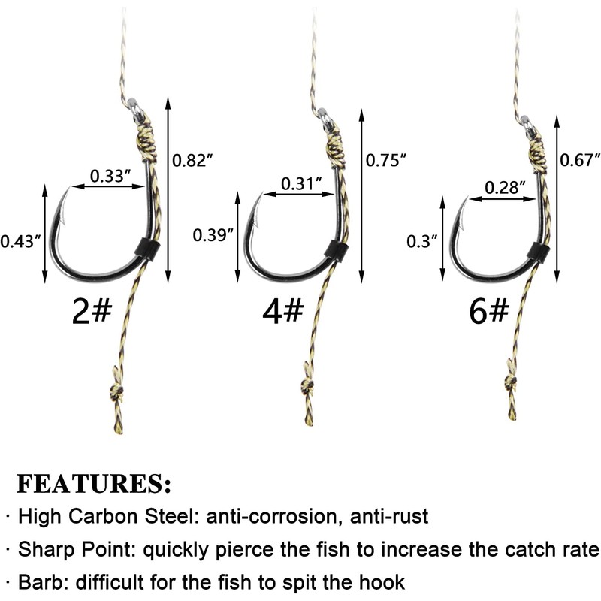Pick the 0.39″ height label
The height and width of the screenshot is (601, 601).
tap(211, 234)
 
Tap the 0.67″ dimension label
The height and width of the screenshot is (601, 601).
tap(581, 159)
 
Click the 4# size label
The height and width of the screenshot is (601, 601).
tap(282, 310)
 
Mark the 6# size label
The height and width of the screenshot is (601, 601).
tap(488, 312)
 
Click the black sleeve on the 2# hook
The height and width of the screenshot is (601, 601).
tap(148, 247)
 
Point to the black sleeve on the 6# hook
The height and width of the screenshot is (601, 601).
tap(536, 251)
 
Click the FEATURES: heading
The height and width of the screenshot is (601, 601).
tap(94, 482)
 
